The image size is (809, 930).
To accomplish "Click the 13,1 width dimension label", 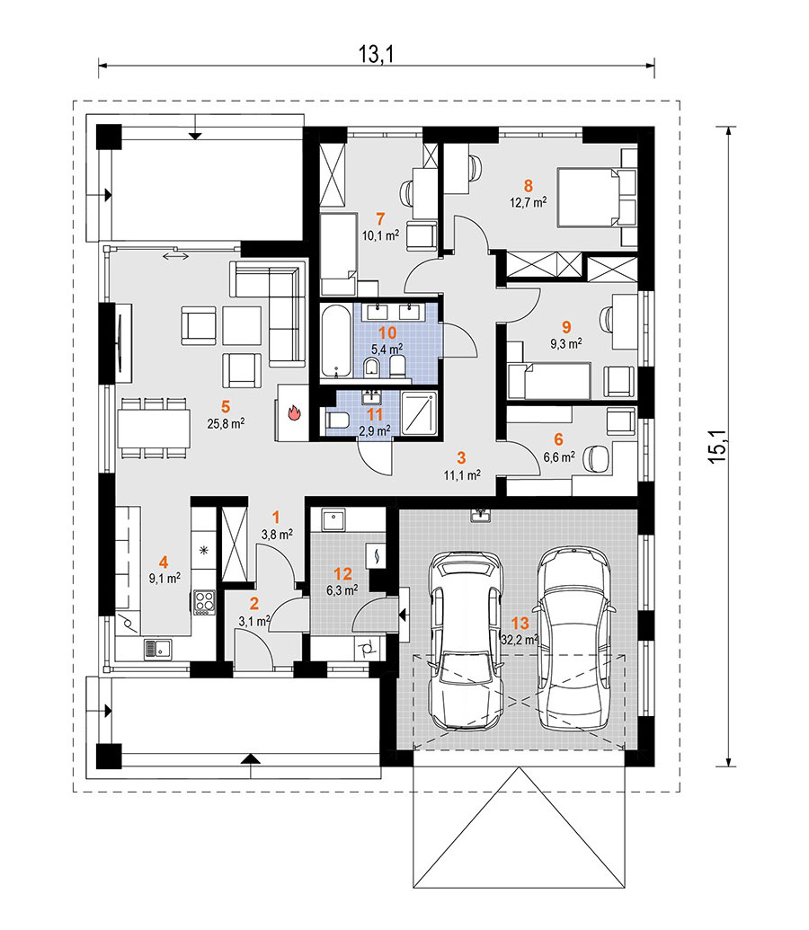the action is point(377,55).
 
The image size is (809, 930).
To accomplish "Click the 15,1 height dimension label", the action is point(717,447).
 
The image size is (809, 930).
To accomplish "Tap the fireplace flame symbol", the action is point(295,412).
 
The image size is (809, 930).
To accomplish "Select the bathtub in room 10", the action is point(337,341).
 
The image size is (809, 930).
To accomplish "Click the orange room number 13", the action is point(520,624).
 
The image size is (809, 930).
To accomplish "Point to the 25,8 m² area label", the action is point(226,423).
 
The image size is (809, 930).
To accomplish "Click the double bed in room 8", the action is point(597,197).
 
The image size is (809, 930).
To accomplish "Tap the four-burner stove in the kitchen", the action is point(203,601).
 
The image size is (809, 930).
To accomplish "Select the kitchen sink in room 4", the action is point(157,650).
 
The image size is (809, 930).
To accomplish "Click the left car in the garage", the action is point(466,641).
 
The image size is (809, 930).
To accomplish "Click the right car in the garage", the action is point(574,638).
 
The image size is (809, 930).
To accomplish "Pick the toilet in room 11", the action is point(336,421).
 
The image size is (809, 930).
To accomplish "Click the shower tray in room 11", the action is point(419,412).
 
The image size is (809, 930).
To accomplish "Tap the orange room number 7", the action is point(380,219).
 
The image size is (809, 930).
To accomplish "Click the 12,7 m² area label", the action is point(529,202).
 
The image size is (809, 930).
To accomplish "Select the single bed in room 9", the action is point(549,381).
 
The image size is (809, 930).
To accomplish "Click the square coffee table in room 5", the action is point(242,325).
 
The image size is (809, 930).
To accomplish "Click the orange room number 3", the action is point(461,458).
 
